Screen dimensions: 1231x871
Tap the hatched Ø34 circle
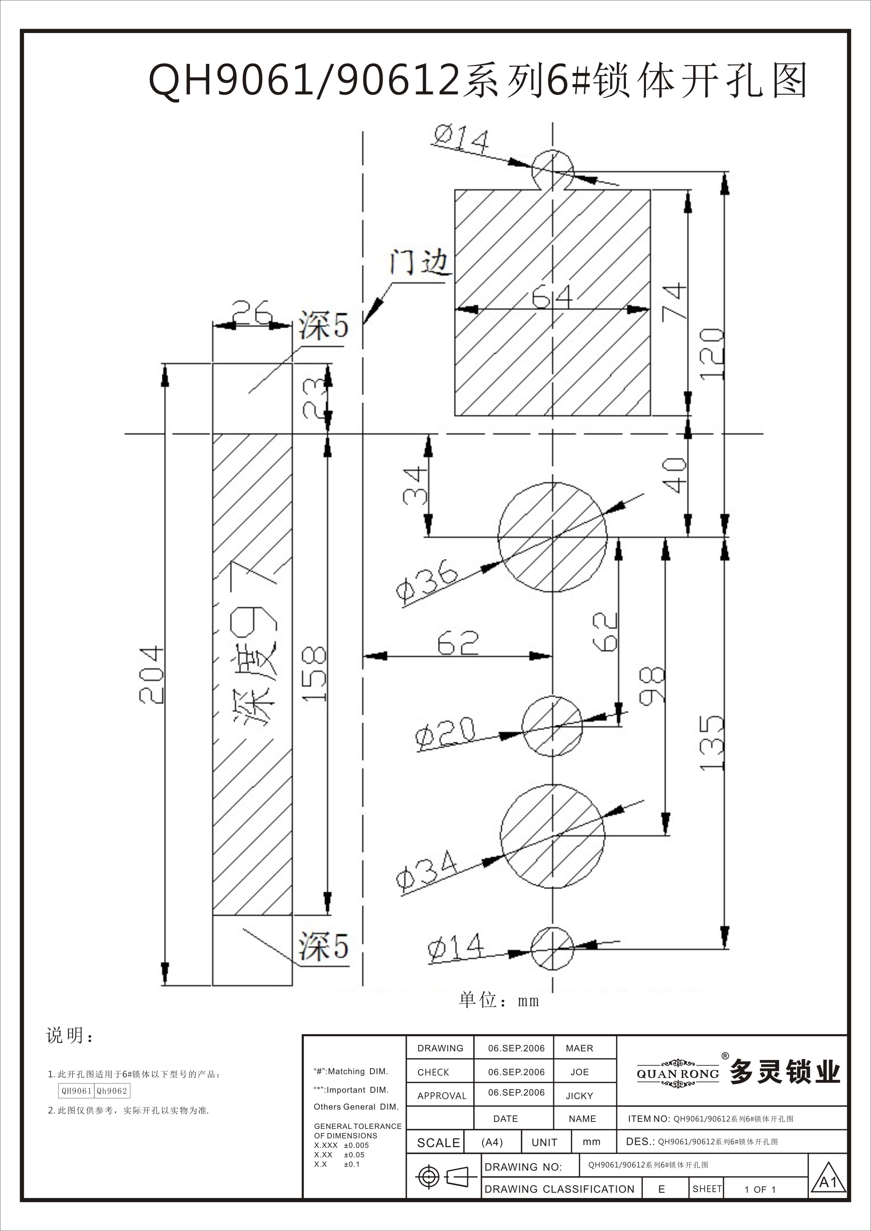(553, 836)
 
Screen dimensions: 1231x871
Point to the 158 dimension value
(314, 674)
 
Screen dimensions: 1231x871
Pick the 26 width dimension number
(252, 313)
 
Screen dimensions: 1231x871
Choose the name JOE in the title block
(579, 1072)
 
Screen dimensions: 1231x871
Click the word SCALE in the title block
(438, 1143)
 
